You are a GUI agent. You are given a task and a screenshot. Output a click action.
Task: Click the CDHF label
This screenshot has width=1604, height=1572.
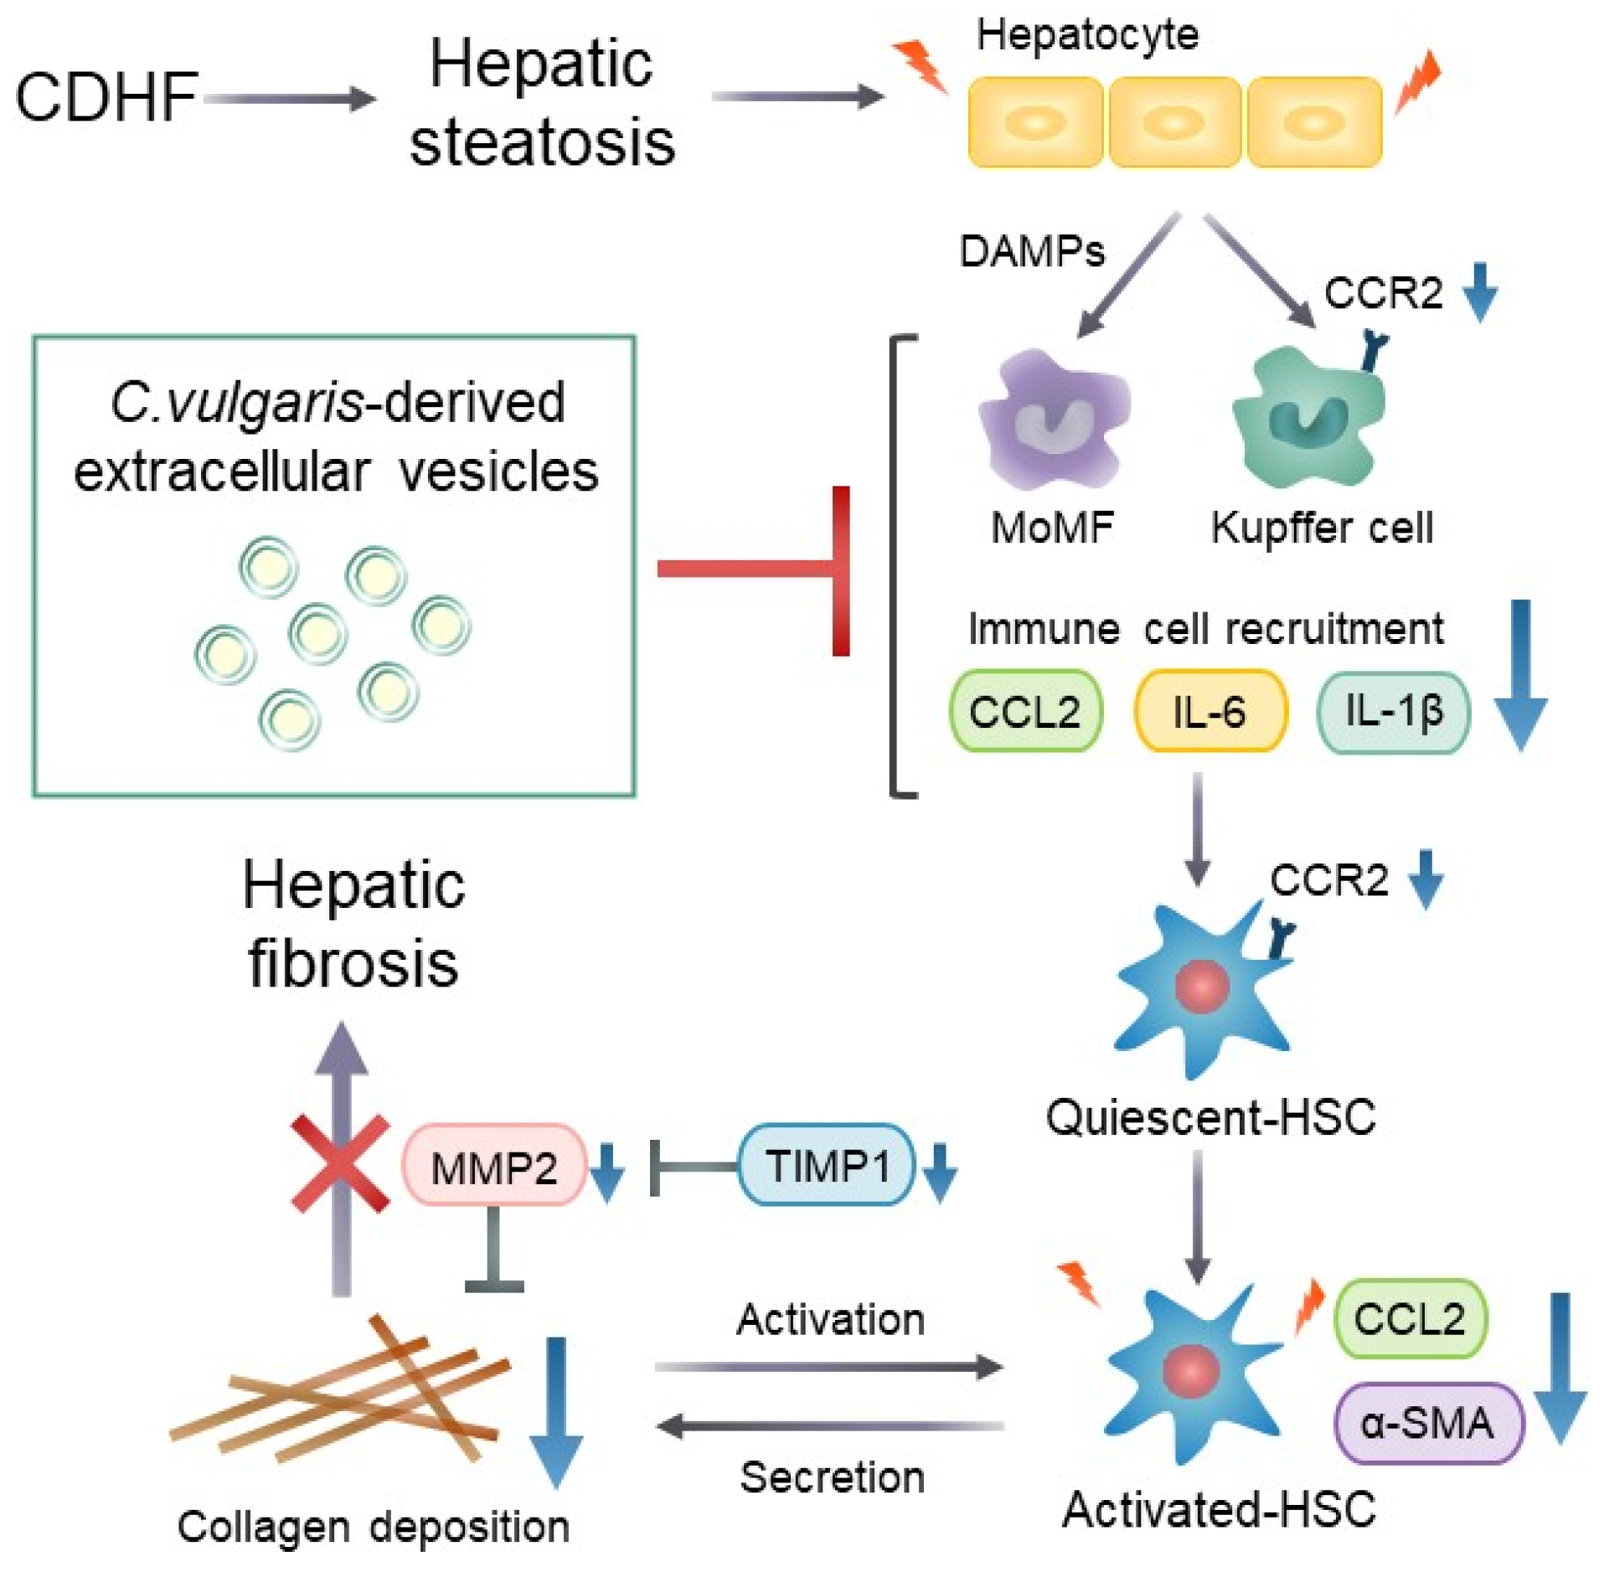pyautogui.click(x=106, y=97)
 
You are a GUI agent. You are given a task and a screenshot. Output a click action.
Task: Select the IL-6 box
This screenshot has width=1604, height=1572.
pyautogui.click(x=1209, y=710)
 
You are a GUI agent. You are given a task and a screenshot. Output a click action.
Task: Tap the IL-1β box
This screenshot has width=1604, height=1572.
pyautogui.click(x=1393, y=712)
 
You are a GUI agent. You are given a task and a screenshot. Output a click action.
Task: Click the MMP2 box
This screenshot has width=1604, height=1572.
pyautogui.click(x=493, y=1165)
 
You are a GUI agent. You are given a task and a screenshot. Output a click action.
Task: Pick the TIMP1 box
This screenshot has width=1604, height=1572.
pyautogui.click(x=826, y=1164)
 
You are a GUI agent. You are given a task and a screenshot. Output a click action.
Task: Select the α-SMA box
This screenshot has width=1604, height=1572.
pyautogui.click(x=1429, y=1423)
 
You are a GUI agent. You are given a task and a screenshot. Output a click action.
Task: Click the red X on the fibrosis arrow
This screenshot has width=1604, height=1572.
pyautogui.click(x=340, y=1163)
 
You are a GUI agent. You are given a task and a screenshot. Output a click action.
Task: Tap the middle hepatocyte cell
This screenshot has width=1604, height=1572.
pyautogui.click(x=1174, y=122)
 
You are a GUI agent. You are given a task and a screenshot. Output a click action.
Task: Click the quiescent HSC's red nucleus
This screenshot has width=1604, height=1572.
pyautogui.click(x=1201, y=987)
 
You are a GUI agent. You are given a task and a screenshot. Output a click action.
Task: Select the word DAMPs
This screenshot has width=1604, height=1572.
pyautogui.click(x=1032, y=251)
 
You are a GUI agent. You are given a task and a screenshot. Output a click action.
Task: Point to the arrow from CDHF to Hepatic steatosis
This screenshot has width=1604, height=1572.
pyautogui.click(x=290, y=98)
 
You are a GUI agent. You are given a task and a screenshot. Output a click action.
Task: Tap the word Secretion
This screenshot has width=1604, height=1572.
pyautogui.click(x=832, y=1477)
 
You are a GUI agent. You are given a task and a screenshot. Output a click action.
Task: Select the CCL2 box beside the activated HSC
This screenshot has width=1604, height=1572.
pyautogui.click(x=1410, y=1317)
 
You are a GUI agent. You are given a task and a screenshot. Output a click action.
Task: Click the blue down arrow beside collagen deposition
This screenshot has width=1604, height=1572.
pyautogui.click(x=556, y=1412)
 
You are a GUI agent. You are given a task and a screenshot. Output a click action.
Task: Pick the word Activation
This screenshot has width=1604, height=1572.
pyautogui.click(x=831, y=1319)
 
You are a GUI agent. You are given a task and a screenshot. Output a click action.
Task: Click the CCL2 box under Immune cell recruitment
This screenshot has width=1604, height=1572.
pyautogui.click(x=1025, y=710)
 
